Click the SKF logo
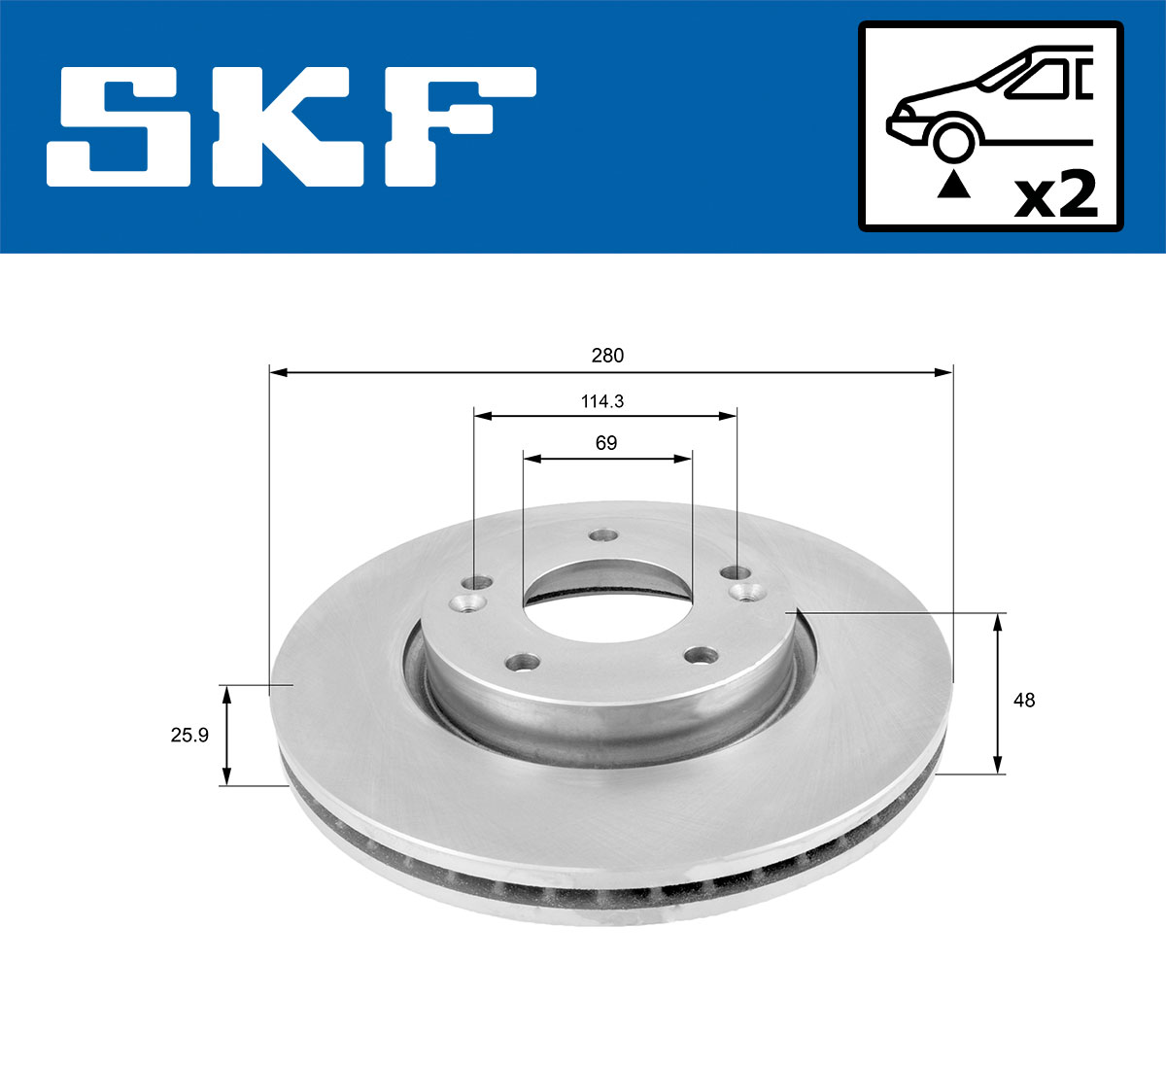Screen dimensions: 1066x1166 [291, 126]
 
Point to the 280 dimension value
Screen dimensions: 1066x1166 [607, 356]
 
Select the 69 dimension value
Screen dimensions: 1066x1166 [605, 443]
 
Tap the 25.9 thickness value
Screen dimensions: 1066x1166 [189, 736]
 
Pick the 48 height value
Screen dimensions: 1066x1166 [1023, 700]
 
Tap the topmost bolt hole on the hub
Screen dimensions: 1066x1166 [604, 535]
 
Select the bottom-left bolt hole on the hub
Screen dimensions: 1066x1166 [524, 663]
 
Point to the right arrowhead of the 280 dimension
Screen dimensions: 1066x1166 [943, 371]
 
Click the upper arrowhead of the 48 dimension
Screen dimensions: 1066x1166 [998, 623]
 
